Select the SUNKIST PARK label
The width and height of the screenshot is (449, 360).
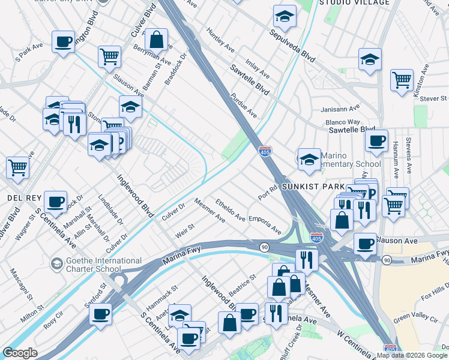[313, 187]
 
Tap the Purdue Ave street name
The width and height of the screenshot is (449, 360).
[243, 106]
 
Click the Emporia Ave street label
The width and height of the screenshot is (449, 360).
[265, 224]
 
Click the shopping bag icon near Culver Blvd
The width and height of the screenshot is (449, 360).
[156, 40]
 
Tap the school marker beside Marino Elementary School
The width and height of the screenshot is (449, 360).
[309, 159]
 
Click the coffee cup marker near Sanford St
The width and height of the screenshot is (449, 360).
[101, 313]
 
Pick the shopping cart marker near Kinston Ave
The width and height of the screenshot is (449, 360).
[401, 80]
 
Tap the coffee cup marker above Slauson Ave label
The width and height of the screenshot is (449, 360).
[365, 242]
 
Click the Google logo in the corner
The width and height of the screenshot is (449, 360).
[20, 353]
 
